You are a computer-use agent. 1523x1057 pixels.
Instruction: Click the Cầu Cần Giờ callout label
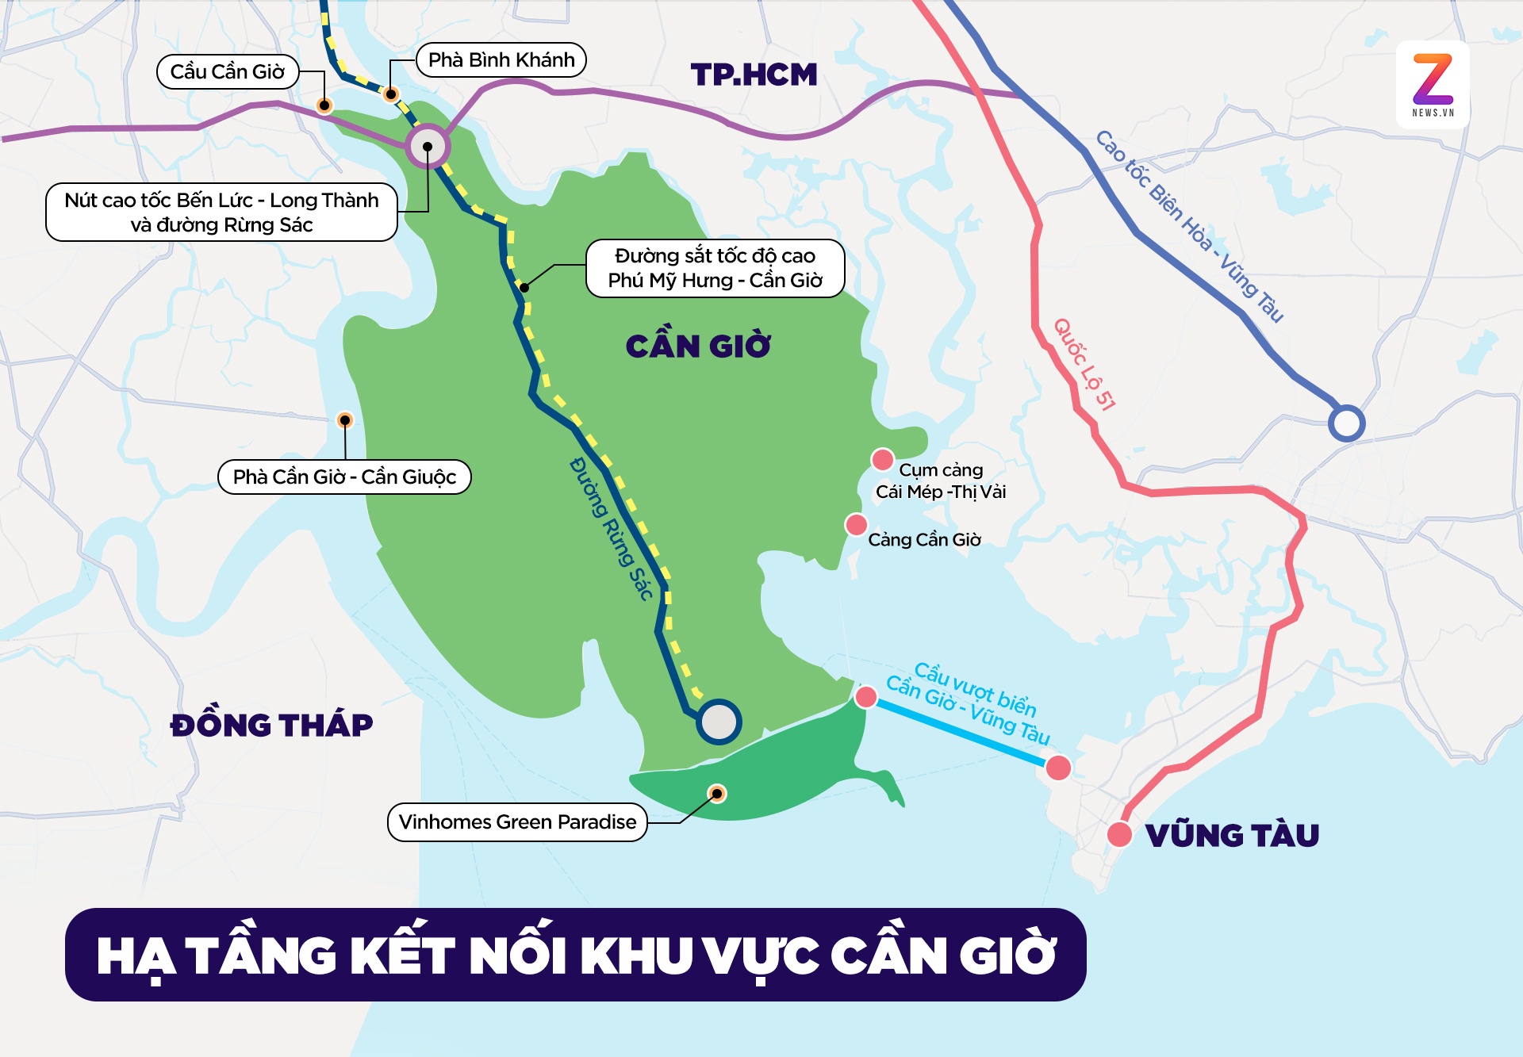point(228,72)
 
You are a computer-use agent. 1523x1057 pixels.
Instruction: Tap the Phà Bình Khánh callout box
point(501,60)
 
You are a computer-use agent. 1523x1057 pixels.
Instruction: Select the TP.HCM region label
point(754,75)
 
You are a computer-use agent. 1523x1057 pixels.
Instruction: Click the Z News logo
point(1433,84)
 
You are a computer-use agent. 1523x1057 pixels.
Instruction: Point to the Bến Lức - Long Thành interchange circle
point(428,147)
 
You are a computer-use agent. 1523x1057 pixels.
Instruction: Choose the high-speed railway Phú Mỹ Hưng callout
point(715,268)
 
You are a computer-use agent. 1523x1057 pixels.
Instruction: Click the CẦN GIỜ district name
point(698,347)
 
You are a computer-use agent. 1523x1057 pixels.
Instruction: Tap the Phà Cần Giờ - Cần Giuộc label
point(344,477)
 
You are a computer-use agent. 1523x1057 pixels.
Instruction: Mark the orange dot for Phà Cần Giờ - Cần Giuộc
point(345,420)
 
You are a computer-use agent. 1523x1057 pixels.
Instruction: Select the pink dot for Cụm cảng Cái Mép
point(882,460)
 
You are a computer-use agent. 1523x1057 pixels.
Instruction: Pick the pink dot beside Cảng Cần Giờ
point(856,524)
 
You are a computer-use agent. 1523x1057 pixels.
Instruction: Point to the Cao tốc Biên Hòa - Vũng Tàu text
point(1189,227)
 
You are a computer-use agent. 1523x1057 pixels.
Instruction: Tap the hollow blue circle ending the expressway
point(1346,423)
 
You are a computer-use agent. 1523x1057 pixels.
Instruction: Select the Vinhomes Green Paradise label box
point(517,822)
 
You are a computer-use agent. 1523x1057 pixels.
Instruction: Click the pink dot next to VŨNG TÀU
point(1119,834)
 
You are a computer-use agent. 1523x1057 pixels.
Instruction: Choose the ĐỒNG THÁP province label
point(271,726)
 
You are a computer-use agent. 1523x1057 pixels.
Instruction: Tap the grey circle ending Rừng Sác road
point(719,722)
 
